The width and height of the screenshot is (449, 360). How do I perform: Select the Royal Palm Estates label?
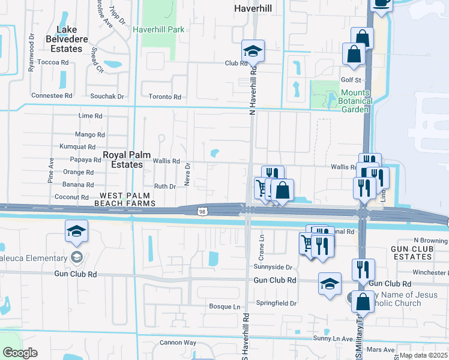(x=122, y=159)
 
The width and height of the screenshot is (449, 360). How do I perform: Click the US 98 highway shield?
(x=202, y=211)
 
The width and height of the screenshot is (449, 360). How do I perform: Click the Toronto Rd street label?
(x=164, y=97)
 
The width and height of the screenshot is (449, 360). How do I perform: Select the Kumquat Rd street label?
(x=77, y=147)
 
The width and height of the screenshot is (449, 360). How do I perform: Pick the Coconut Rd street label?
(x=71, y=197)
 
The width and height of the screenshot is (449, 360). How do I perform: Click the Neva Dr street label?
(x=187, y=175)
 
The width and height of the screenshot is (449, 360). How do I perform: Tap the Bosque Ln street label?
(x=224, y=307)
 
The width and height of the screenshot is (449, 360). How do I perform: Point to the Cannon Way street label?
(x=178, y=343)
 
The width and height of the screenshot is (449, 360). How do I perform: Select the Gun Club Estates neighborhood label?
(x=411, y=253)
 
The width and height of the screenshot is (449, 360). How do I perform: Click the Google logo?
(x=20, y=353)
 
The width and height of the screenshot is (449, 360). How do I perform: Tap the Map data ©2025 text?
(x=423, y=355)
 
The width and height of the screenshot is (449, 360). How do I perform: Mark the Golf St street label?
(x=351, y=80)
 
